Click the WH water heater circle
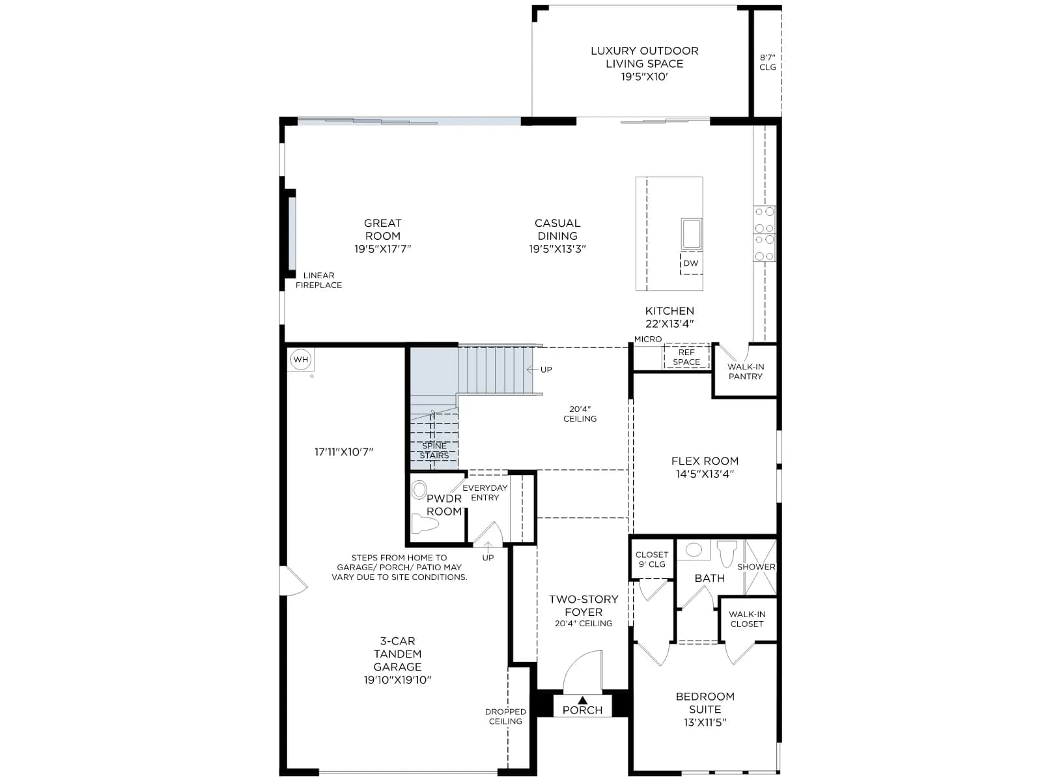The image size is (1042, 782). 301,360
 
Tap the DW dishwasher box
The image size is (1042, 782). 691,263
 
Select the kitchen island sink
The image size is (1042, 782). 691,233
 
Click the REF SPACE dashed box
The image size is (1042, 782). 686,356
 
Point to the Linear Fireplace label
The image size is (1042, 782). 318,280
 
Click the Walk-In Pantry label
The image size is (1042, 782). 745,371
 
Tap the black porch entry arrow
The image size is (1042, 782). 582,701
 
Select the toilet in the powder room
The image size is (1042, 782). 425,524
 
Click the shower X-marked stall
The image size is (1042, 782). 760,567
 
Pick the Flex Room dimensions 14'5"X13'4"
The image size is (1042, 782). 705,473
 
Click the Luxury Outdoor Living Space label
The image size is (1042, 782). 644,57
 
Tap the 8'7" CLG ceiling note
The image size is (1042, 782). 768,62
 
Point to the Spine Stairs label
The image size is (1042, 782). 434,450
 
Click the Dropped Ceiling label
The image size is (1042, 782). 505,716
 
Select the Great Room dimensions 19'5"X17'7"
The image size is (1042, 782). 383,249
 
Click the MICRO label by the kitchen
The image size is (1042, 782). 648,339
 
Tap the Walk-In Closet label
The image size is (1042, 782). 747,619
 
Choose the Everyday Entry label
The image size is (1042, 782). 485,493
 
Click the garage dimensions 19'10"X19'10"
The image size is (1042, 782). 397,680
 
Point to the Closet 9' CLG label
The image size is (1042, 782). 652,559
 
